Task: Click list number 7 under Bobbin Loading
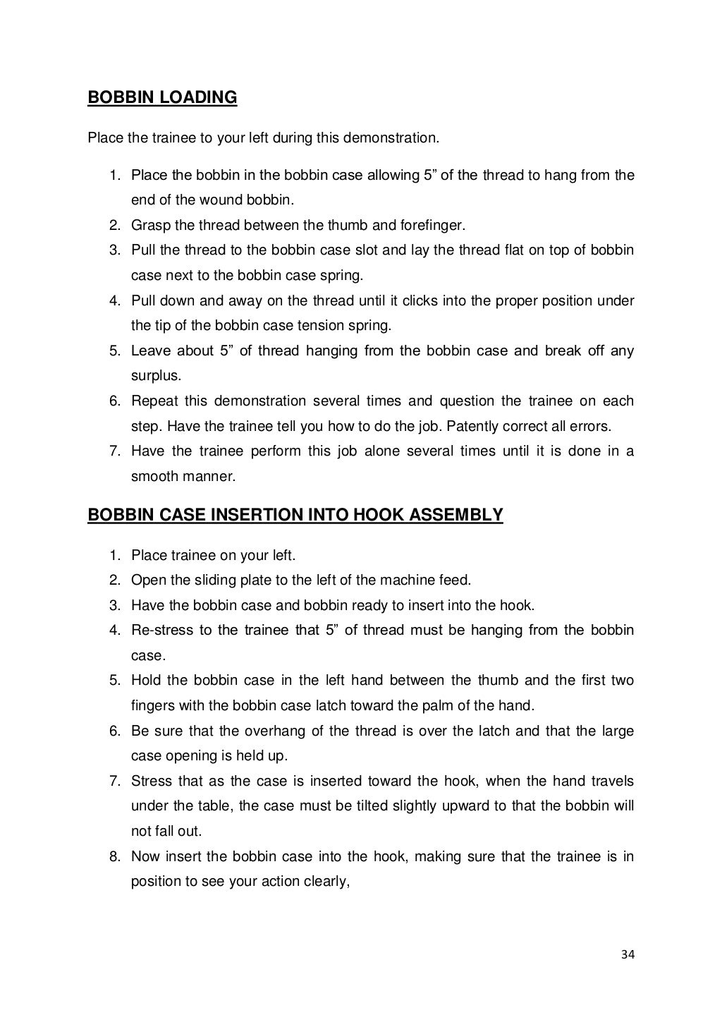(114, 451)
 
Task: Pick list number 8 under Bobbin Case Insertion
(114, 857)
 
